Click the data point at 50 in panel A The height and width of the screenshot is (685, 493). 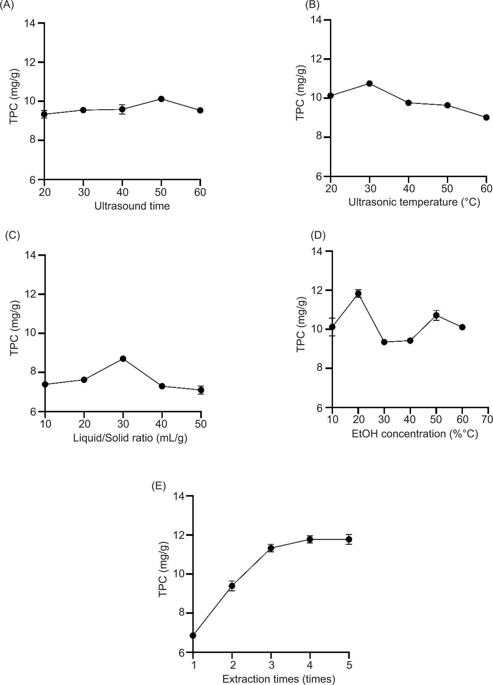point(161,99)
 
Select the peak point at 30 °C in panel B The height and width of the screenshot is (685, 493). point(369,84)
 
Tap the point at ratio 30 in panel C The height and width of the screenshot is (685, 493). point(123,359)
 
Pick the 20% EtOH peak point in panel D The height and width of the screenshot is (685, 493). point(358,294)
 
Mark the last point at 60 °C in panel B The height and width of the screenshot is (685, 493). point(486,117)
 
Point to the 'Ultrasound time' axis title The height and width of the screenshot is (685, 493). point(132,206)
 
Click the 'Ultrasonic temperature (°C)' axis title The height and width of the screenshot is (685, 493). point(414,203)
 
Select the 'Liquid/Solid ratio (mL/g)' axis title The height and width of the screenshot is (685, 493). point(130,438)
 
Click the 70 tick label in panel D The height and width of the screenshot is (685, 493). point(487,419)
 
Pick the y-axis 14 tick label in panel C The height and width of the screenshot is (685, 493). point(31,256)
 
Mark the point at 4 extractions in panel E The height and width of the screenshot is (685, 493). point(310,539)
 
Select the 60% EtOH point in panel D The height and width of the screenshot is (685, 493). point(462,327)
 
